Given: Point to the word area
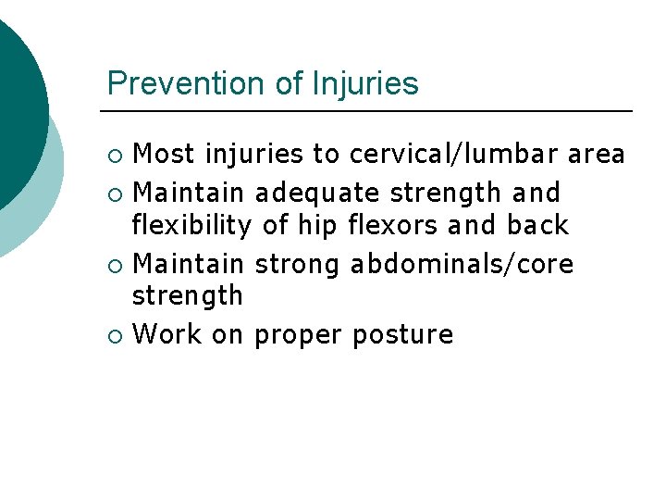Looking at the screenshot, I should (x=597, y=153).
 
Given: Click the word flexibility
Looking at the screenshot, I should (x=191, y=225).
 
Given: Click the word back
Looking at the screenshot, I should (x=537, y=225).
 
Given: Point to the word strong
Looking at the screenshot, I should (x=297, y=265).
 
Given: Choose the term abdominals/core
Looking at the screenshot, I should (x=462, y=265).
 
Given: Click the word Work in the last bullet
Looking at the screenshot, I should (x=167, y=334).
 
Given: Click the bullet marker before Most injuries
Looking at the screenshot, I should (x=114, y=154).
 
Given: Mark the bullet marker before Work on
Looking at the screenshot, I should (x=114, y=335).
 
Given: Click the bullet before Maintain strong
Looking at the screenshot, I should (x=114, y=266).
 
